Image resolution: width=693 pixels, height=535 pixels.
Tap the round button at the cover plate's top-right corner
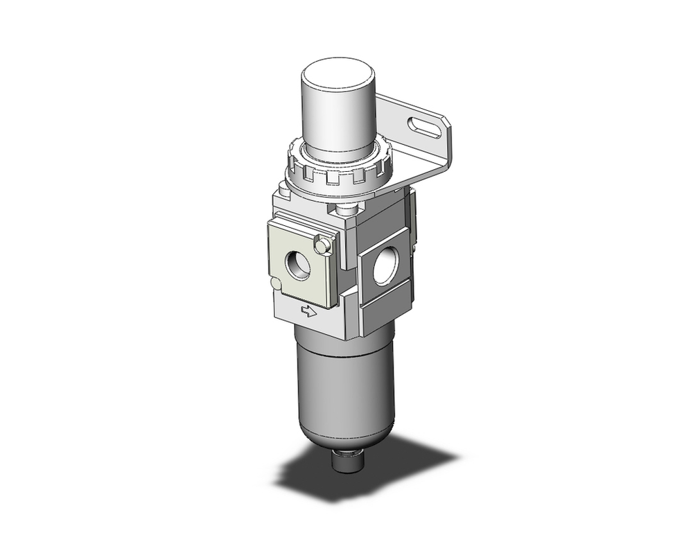pyautogui.click(x=320, y=245)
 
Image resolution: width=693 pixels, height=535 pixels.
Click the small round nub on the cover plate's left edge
pyautogui.click(x=276, y=283)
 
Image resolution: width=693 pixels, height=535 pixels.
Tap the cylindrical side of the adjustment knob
pyautogui.click(x=337, y=114)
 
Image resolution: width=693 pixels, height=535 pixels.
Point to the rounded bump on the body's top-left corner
pyautogui.click(x=283, y=187)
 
